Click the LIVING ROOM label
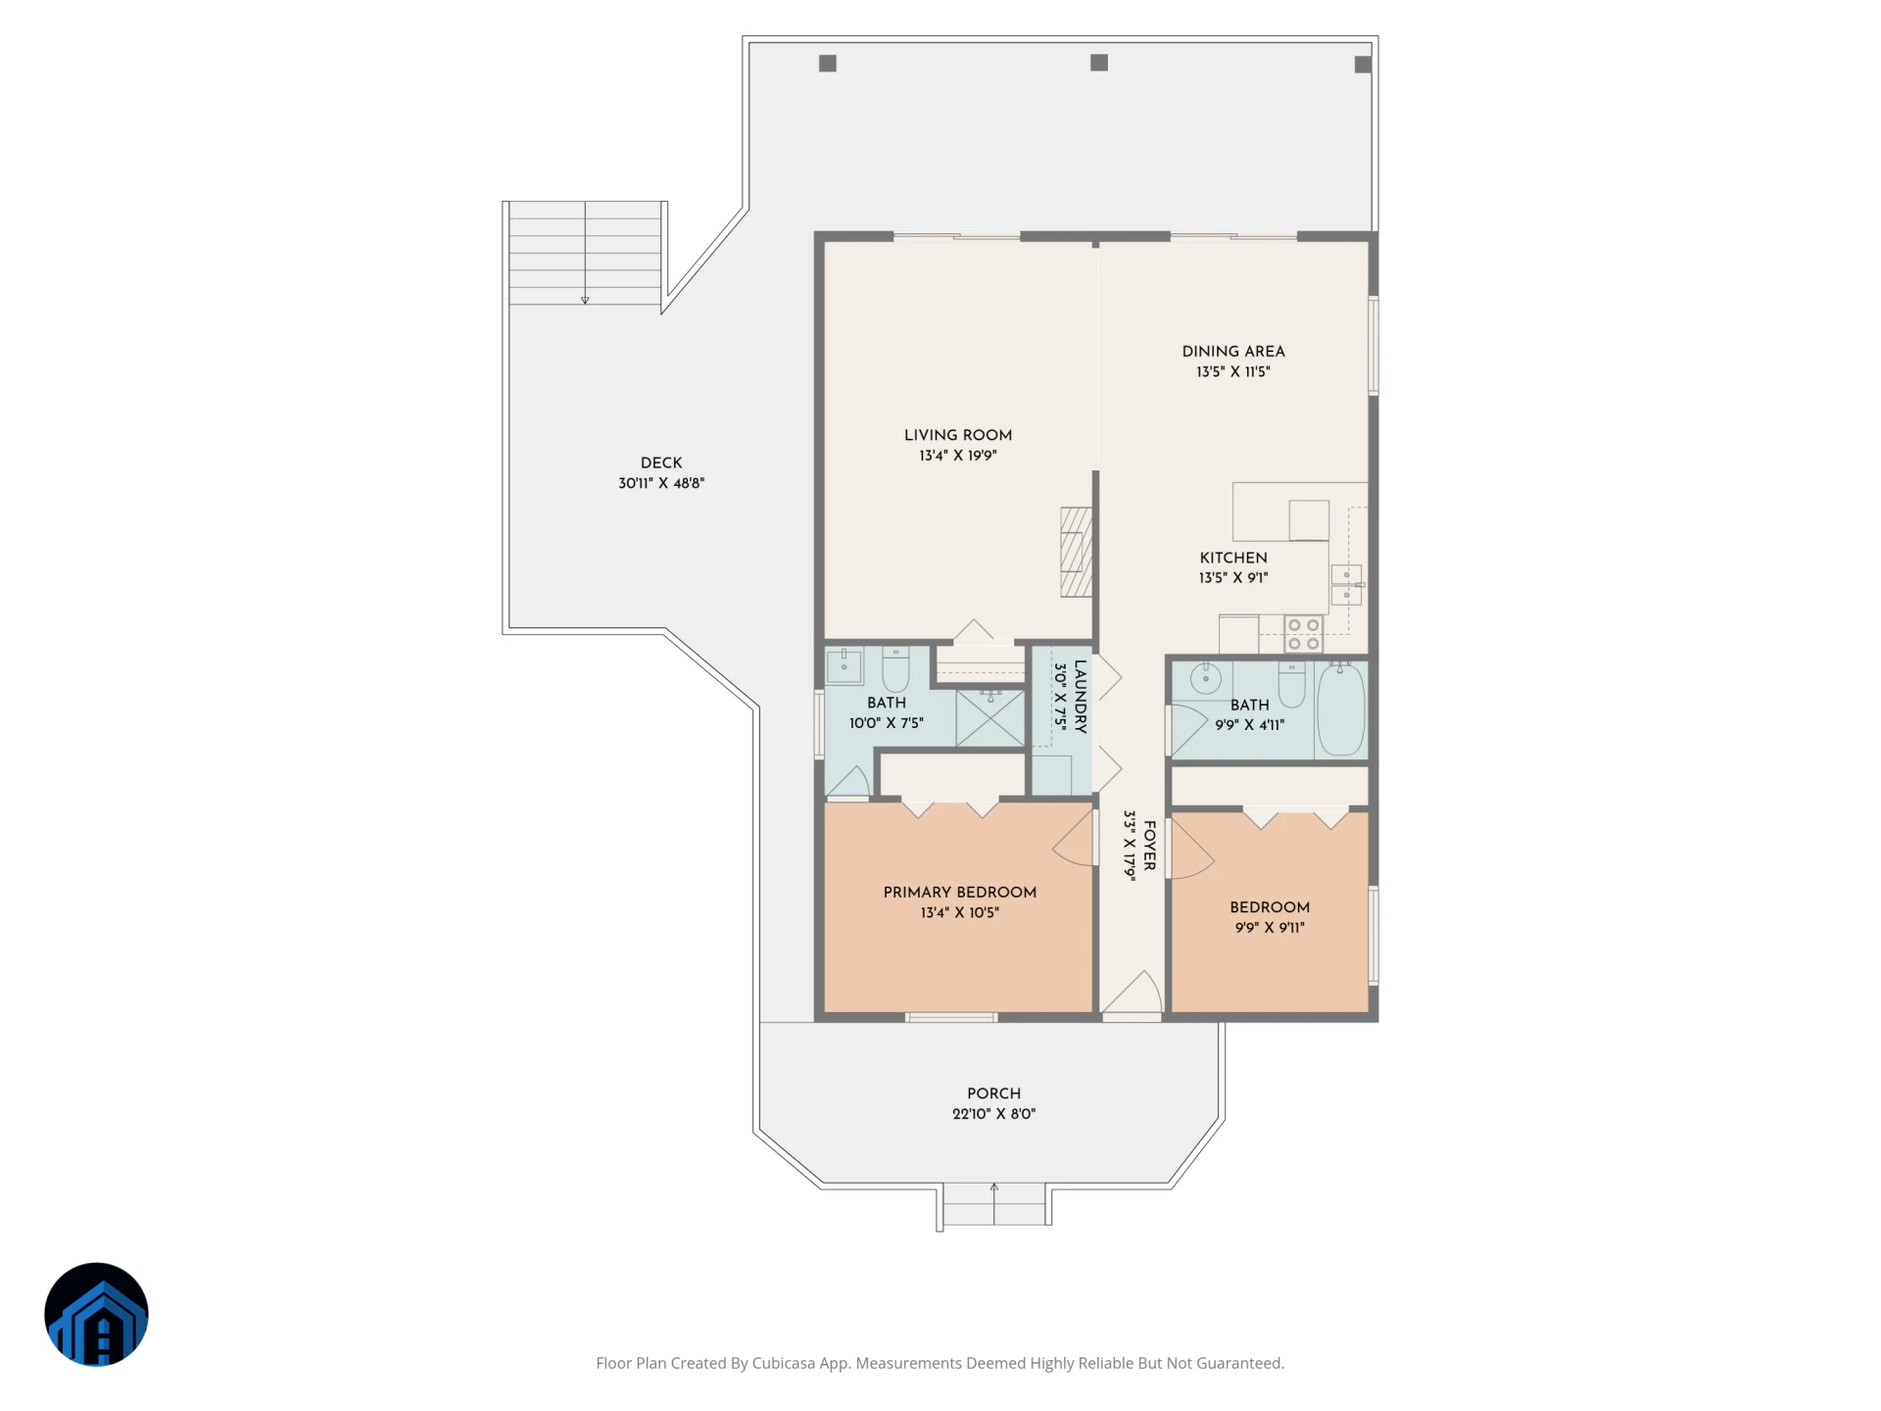click(957, 435)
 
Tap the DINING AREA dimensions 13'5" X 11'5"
click(1232, 372)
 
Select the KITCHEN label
click(1232, 558)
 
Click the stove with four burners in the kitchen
click(1303, 634)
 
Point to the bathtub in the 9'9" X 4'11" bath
click(1340, 709)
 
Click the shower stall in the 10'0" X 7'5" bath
click(990, 718)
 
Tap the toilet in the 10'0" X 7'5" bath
click(895, 668)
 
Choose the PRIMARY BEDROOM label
click(959, 893)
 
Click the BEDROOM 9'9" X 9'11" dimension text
click(1269, 928)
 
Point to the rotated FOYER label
click(1149, 846)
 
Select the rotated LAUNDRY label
click(1080, 697)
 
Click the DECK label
click(661, 462)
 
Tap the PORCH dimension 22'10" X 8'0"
click(993, 1114)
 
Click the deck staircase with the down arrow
click(585, 253)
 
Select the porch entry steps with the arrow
click(993, 1204)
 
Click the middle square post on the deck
click(1099, 63)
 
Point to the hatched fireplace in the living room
click(1076, 552)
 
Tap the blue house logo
click(96, 1314)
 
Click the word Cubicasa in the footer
click(783, 1363)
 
